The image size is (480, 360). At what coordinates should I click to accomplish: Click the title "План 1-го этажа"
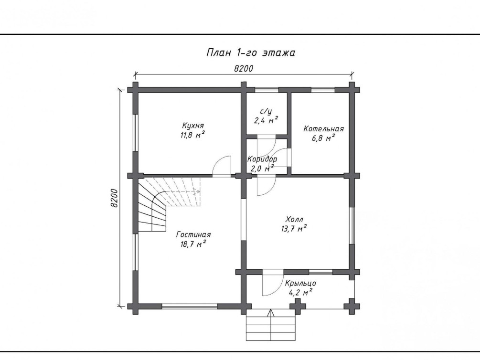pos(251,53)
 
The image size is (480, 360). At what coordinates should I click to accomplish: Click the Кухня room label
pos(193,126)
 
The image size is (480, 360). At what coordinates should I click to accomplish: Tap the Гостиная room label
pos(193,234)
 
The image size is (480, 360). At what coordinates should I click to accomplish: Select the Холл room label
pos(294,219)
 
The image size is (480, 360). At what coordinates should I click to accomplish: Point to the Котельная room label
pos(323,128)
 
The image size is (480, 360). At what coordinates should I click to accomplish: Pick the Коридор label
pos(262,159)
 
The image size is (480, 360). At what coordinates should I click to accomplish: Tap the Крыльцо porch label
pos(300,283)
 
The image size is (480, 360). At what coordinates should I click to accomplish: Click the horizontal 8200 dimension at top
pos(244,68)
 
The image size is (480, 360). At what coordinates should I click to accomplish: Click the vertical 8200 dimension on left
pos(114,198)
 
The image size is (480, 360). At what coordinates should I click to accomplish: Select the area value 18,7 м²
pos(193,244)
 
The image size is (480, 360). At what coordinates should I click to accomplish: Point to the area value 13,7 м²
pos(294,228)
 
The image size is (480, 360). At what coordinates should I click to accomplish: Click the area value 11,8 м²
pos(192,135)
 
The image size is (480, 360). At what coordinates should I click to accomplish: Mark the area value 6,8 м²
pos(323,138)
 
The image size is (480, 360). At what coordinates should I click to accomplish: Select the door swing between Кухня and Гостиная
pos(222,166)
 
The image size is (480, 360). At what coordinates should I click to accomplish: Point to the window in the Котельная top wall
pos(323,90)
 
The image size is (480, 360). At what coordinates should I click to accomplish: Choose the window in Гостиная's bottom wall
pos(190,306)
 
